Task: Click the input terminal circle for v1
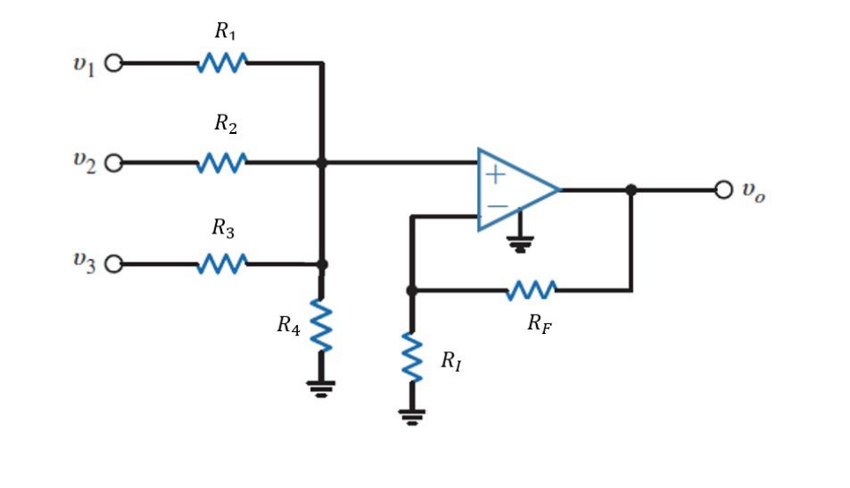(113, 63)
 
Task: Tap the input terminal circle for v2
(113, 163)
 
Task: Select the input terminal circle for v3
(113, 263)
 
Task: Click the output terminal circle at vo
(724, 189)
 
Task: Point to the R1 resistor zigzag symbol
(222, 63)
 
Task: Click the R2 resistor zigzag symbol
(222, 163)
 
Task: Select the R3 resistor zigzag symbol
(222, 263)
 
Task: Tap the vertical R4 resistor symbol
(322, 326)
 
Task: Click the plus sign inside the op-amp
(496, 174)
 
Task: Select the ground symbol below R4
(322, 388)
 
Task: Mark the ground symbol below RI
(411, 416)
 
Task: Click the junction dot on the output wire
(630, 189)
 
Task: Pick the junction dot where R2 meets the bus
(322, 163)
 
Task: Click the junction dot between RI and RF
(411, 290)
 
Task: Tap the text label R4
(288, 327)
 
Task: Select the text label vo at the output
(753, 191)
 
